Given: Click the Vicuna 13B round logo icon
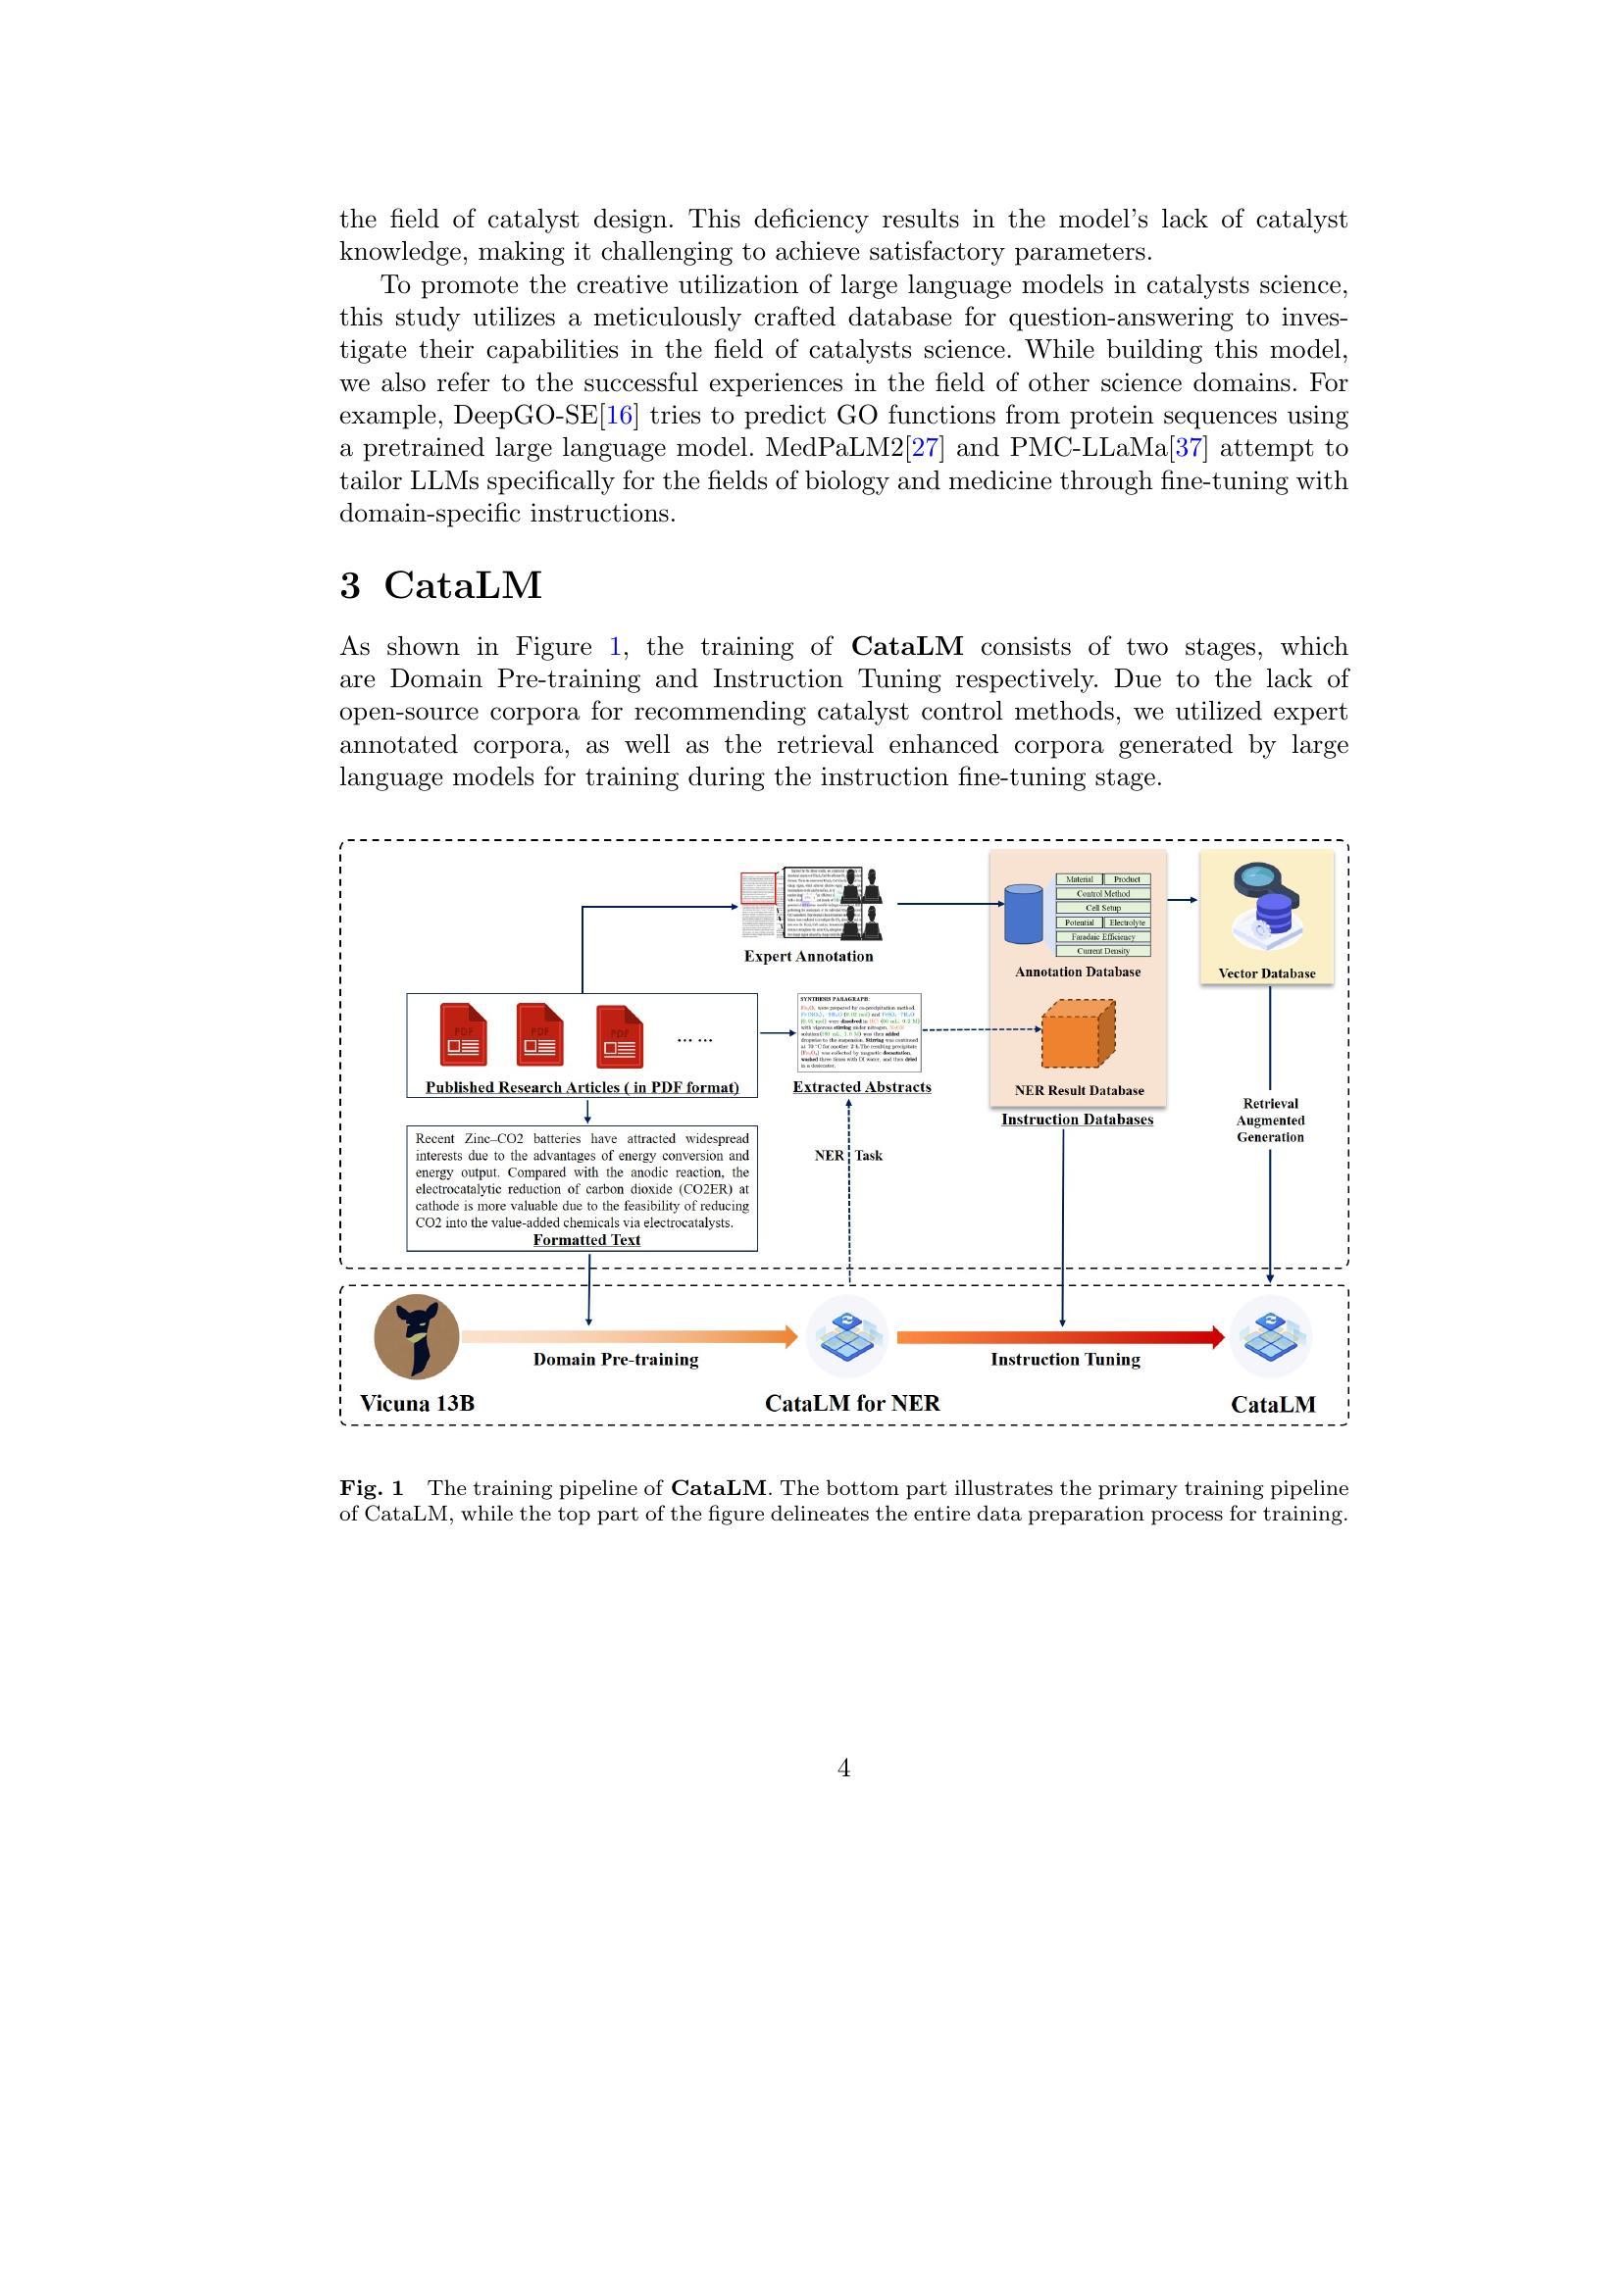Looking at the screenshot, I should [417, 1336].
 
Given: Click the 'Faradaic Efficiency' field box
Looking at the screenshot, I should [1102, 937].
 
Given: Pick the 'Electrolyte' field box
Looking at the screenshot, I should [1127, 922].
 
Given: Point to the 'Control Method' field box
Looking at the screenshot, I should [1102, 894].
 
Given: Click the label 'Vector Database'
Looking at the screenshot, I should [1266, 972].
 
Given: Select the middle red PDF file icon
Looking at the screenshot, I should [539, 1034].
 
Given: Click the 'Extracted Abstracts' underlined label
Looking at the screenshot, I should [862, 1086].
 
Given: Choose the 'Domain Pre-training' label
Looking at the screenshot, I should [615, 1359].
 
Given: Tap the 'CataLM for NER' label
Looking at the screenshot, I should [852, 1403].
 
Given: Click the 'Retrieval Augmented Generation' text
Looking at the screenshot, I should [1269, 1120].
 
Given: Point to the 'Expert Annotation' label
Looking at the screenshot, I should [808, 956].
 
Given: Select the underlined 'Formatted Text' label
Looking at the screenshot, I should [586, 1239].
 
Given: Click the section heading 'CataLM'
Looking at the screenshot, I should [463, 585].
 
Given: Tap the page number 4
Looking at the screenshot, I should [844, 1769].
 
